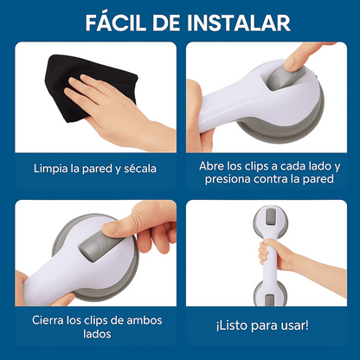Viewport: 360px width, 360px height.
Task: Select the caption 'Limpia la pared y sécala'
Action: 94,168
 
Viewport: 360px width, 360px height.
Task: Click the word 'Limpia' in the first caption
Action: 51,168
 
